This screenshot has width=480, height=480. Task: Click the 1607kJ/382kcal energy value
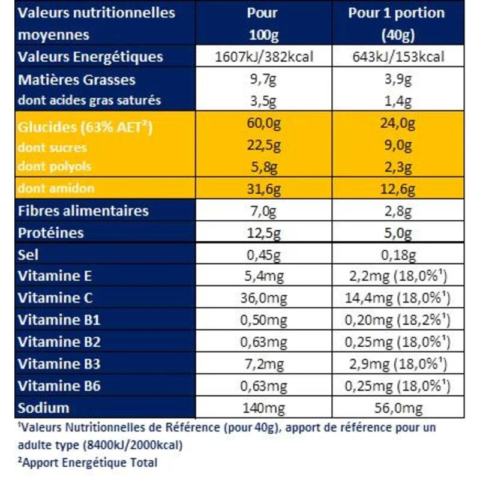(x=265, y=57)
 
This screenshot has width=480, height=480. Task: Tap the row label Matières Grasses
(x=77, y=80)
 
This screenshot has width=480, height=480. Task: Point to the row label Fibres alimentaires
(x=83, y=211)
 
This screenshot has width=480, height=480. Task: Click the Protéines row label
(x=51, y=233)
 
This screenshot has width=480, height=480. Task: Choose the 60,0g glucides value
(x=265, y=127)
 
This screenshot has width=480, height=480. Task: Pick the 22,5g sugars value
(x=265, y=148)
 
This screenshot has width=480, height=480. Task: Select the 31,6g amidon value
(x=265, y=189)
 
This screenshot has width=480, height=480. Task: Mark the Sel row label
(x=29, y=254)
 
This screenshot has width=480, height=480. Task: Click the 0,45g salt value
(x=265, y=254)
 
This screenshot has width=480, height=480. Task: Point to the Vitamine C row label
(x=53, y=298)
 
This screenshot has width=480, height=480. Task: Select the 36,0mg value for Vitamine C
(x=265, y=298)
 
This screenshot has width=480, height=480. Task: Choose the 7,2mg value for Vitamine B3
(x=265, y=364)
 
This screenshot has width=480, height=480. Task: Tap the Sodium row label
(x=44, y=408)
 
